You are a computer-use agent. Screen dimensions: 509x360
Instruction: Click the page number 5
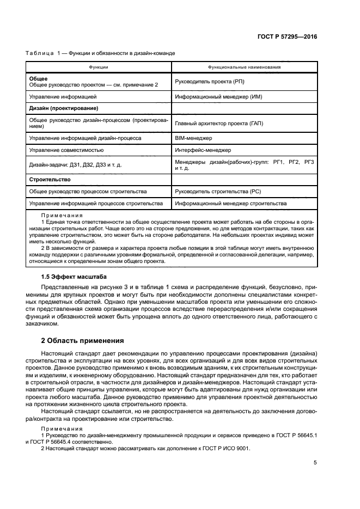[315, 463]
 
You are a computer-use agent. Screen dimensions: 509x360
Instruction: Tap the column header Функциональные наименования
[244, 67]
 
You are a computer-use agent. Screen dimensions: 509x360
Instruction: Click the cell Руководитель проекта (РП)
[209, 82]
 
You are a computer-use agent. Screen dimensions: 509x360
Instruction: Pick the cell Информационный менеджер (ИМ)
[216, 96]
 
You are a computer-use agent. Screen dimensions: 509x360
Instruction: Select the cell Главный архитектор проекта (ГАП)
[219, 124]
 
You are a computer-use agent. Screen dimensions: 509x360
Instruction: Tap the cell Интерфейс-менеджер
[203, 150]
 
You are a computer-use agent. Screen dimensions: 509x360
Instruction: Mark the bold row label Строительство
[50, 179]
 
